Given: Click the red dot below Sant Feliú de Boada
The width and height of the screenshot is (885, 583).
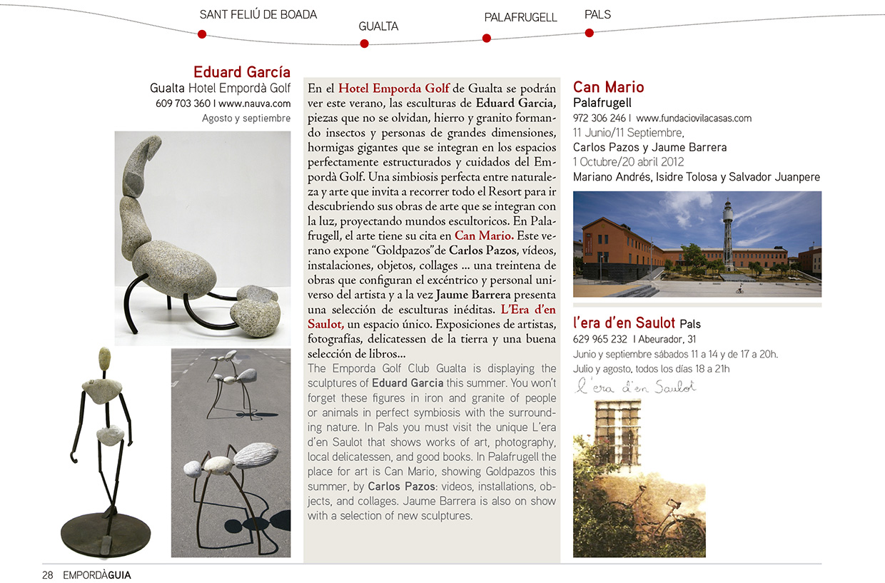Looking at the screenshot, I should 202,34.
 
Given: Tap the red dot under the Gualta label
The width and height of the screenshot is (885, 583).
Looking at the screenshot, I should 364,44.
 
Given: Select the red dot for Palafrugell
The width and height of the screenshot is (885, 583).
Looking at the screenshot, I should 487,39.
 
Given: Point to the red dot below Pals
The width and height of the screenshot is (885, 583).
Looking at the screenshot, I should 590,32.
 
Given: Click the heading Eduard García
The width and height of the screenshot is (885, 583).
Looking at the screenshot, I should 242,72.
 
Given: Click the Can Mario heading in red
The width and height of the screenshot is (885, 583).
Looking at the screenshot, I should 608,87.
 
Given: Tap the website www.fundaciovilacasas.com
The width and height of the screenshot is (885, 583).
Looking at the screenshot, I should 693,118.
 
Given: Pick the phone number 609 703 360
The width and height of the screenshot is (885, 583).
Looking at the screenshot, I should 181,103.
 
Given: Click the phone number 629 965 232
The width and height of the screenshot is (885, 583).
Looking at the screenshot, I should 600,339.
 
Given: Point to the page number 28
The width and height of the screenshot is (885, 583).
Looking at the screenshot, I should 48,574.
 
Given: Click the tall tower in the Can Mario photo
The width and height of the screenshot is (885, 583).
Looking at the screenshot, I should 727,228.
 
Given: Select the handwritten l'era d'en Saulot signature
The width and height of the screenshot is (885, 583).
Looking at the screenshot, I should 635,387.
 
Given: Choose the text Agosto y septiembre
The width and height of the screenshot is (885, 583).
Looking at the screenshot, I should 246,118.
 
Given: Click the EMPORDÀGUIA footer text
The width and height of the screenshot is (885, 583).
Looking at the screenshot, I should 96,574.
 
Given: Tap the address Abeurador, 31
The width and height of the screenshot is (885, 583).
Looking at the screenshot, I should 667,339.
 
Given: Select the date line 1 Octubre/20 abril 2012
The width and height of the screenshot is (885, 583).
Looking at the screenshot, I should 628,162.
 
